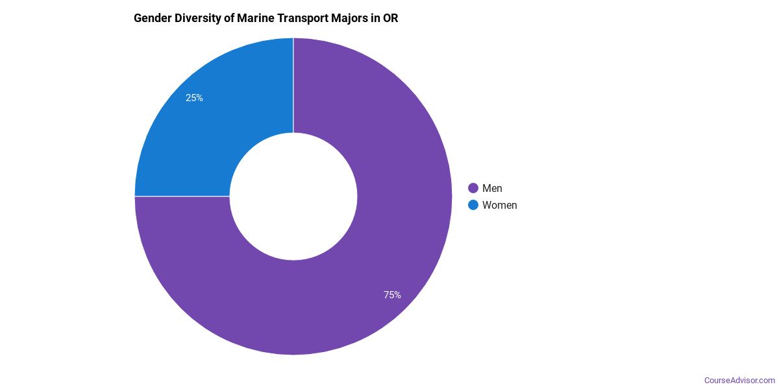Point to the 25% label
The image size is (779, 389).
pos(194,98)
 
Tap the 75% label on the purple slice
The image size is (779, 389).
pos(392,295)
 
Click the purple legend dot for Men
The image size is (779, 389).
pos(473,188)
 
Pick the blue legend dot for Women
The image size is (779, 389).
pos(473,205)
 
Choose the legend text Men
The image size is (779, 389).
pos(492,188)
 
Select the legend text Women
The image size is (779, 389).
pos(500,205)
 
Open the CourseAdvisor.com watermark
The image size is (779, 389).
pos(739,380)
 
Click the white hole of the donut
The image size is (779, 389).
pos(293,196)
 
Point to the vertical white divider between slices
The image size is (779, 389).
pos(293,84)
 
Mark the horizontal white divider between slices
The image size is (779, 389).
pos(182,196)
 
